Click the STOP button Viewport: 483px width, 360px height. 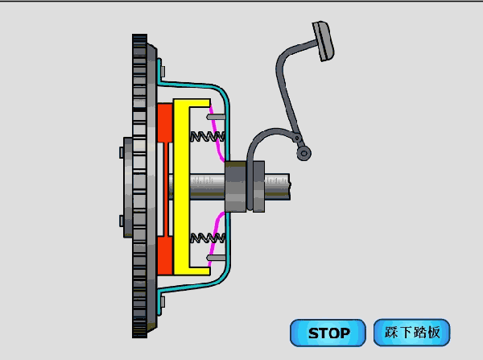(x=328, y=333)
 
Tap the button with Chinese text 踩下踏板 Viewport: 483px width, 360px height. (x=412, y=333)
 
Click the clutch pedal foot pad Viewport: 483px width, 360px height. (x=323, y=41)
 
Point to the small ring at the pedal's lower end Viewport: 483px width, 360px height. (x=303, y=153)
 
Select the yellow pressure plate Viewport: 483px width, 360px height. (x=182, y=187)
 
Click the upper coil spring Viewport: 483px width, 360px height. (x=208, y=136)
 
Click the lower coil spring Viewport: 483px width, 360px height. (x=208, y=238)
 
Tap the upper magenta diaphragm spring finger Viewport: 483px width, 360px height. (x=217, y=133)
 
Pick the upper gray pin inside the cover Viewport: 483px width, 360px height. (x=216, y=117)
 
